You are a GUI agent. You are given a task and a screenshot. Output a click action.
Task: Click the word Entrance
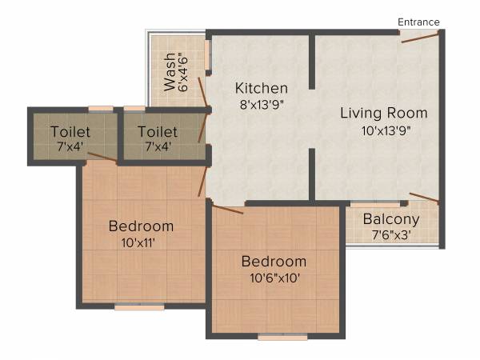click(419, 22)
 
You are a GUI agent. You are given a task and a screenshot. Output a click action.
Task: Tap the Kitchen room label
click(261, 87)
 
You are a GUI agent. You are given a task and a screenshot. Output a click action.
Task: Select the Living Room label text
click(384, 112)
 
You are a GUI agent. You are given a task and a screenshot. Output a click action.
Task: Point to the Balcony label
click(391, 219)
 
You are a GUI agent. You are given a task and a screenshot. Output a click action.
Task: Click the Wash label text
click(170, 73)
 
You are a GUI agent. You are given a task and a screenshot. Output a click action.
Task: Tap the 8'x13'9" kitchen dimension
click(261, 103)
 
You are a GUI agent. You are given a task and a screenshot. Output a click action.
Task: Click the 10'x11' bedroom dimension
click(141, 242)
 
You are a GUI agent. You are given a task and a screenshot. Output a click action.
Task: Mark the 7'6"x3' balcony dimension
click(391, 235)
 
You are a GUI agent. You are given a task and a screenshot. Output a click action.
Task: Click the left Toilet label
click(70, 131)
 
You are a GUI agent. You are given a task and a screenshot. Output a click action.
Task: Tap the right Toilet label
click(158, 131)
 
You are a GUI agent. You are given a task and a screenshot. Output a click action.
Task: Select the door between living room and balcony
click(424, 198)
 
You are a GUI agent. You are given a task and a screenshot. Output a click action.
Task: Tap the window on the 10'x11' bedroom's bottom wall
click(139, 306)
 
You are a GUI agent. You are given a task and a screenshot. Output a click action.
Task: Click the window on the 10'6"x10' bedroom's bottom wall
click(282, 338)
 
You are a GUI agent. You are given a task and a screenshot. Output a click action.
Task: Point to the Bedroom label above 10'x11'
click(141, 226)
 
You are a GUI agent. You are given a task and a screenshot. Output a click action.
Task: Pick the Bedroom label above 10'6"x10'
click(274, 262)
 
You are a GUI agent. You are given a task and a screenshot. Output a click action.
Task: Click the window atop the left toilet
click(100, 108)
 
